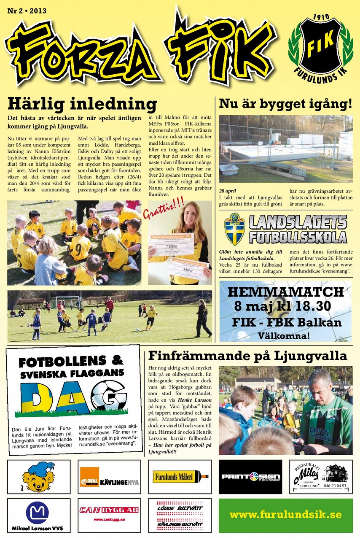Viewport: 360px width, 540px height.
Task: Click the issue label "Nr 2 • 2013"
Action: click(x=27, y=11)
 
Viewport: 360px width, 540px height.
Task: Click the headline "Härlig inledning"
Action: click(x=82, y=104)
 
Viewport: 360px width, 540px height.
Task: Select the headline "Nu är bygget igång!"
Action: click(x=285, y=104)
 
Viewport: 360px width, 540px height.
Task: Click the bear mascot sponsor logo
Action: click(x=38, y=477)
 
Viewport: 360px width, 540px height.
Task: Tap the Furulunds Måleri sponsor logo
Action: click(x=180, y=477)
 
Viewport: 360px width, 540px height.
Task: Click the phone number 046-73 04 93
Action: click(x=335, y=486)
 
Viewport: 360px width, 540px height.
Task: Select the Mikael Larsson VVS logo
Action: click(x=38, y=516)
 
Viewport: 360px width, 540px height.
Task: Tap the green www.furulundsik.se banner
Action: click(x=285, y=516)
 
